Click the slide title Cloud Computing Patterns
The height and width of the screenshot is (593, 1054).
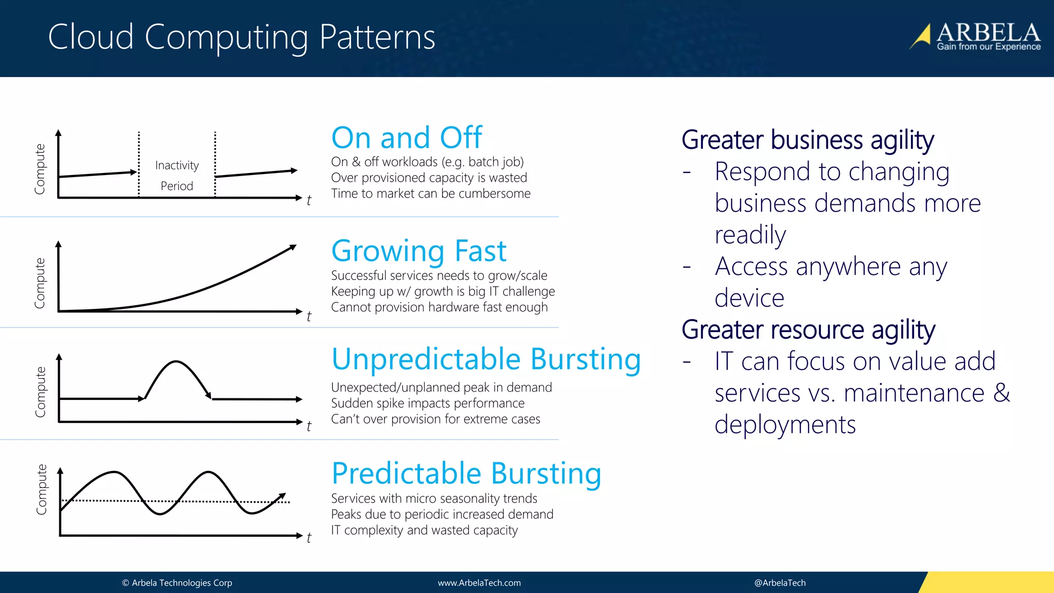[241, 37]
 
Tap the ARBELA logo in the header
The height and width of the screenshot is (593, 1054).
[976, 36]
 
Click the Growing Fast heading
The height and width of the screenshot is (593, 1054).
[419, 251]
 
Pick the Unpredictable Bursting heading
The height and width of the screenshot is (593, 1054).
[486, 359]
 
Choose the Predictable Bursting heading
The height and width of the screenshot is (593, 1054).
[466, 473]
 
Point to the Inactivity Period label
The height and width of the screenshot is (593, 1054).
[177, 175]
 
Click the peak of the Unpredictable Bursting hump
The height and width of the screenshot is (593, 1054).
[176, 362]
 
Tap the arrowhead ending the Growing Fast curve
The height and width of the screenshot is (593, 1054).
[293, 248]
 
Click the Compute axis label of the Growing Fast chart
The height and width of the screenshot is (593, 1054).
[40, 283]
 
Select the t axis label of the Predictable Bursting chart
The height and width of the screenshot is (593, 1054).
[309, 538]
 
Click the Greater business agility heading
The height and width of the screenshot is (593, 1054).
[807, 140]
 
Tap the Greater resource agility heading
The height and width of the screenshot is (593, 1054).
[808, 329]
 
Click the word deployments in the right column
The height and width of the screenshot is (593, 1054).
[785, 425]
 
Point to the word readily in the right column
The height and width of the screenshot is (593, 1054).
[750, 235]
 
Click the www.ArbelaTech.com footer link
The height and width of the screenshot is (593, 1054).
[479, 583]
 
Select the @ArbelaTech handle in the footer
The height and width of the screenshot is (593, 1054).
[780, 583]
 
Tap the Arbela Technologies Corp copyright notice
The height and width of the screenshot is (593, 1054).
[177, 583]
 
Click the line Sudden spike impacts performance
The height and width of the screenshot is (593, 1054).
[428, 403]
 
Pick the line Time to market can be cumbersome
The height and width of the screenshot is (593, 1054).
[431, 194]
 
